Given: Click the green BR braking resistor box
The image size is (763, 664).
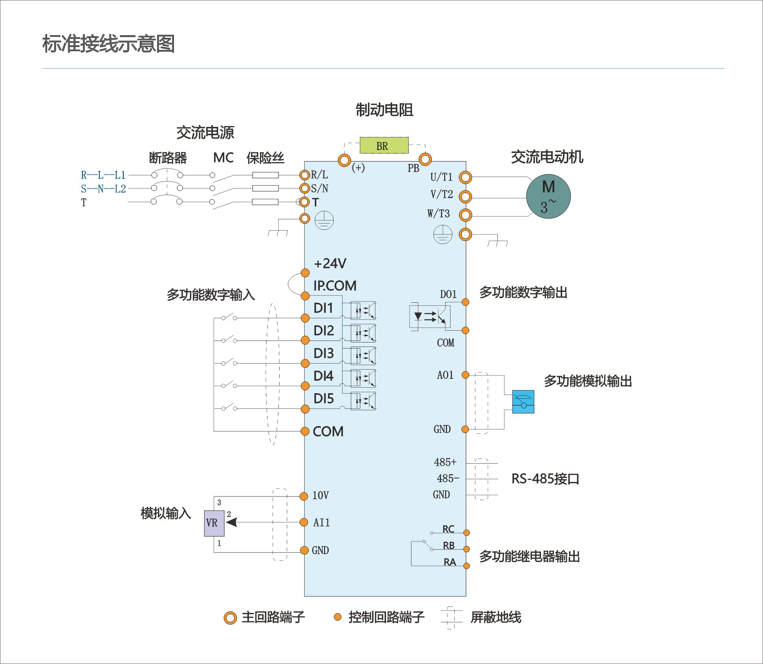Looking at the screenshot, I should click(x=384, y=145).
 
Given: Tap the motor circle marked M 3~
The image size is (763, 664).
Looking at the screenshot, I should click(x=548, y=196).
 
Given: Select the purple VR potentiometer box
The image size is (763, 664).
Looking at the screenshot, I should click(x=214, y=523).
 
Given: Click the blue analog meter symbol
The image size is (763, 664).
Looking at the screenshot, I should click(x=523, y=402).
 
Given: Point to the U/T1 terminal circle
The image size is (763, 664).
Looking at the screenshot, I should click(x=465, y=177).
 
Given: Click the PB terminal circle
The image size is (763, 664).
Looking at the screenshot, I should click(x=425, y=159).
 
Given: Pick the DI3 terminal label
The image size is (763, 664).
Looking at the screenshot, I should click(x=324, y=353).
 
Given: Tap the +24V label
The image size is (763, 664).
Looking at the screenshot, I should click(x=330, y=263).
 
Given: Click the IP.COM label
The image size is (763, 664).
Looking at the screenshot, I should click(x=335, y=286).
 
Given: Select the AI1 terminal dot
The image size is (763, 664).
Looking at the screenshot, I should click(x=303, y=522).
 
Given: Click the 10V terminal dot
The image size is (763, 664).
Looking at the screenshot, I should click(x=303, y=496).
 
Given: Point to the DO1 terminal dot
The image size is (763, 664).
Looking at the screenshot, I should click(x=466, y=302).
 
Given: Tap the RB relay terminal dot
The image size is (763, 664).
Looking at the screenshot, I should click(x=466, y=549).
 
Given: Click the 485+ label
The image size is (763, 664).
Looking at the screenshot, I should click(x=445, y=462).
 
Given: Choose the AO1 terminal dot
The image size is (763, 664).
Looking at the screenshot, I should click(x=465, y=375).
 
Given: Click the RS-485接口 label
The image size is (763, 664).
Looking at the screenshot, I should click(x=545, y=479).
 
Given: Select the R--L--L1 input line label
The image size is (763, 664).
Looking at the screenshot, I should click(x=103, y=175).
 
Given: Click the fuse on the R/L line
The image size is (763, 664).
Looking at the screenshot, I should click(x=265, y=175).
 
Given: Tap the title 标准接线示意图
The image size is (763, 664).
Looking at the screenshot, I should click(x=108, y=44).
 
